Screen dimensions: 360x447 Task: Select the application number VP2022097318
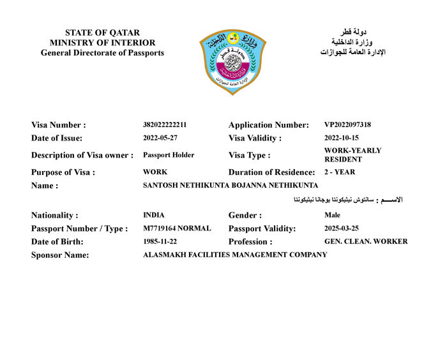click(347, 124)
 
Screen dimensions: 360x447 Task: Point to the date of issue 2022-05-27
click(160, 138)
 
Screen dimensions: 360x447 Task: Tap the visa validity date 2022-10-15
click(342, 138)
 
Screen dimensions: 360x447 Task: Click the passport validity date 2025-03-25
click(342, 229)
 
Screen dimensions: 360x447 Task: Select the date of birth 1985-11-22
click(160, 242)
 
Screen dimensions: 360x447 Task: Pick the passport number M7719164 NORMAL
click(177, 229)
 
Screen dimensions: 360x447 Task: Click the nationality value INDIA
click(153, 215)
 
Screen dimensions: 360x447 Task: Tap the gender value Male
click(332, 215)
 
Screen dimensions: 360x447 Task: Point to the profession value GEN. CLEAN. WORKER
click(366, 242)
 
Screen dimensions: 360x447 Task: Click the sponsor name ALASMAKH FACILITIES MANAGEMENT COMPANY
click(235, 255)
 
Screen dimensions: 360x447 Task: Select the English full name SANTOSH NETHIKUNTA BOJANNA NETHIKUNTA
click(231, 185)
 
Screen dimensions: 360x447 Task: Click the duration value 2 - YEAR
click(340, 172)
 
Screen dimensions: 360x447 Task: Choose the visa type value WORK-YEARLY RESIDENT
click(352, 155)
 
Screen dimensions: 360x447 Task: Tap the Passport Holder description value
click(169, 155)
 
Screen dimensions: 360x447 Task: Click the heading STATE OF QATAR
click(102, 33)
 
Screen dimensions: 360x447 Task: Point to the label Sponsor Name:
click(60, 255)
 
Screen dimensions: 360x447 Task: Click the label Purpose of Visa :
click(63, 172)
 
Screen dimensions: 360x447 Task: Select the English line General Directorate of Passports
click(102, 53)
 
